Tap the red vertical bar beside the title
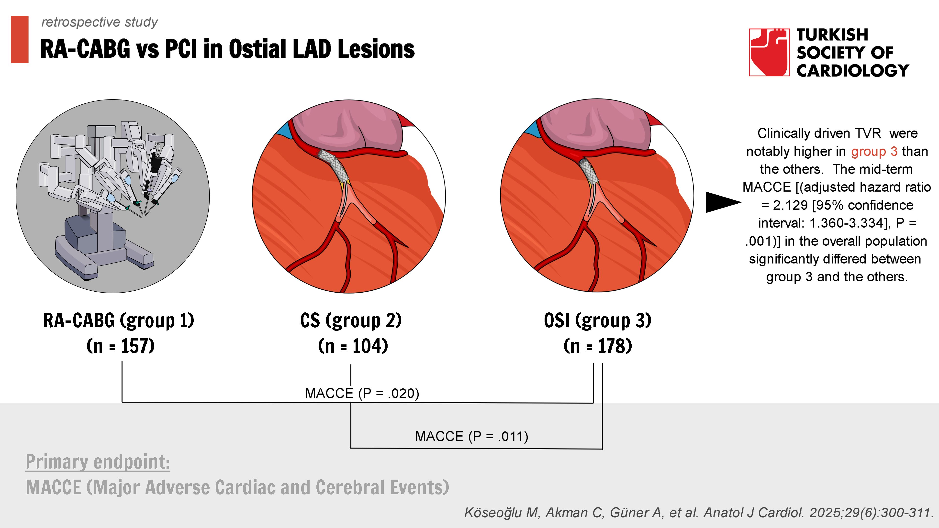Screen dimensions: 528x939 (x=20, y=39)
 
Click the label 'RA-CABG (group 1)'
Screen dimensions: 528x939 (x=118, y=321)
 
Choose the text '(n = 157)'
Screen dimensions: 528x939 (x=120, y=346)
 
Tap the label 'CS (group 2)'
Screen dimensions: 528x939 (x=351, y=321)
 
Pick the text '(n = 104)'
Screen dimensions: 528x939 (x=353, y=346)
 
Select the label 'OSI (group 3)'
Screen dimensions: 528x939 (x=597, y=321)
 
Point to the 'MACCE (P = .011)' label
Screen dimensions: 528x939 (x=471, y=436)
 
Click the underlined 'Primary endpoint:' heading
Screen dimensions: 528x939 (x=98, y=462)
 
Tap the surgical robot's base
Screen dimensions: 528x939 (x=102, y=248)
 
